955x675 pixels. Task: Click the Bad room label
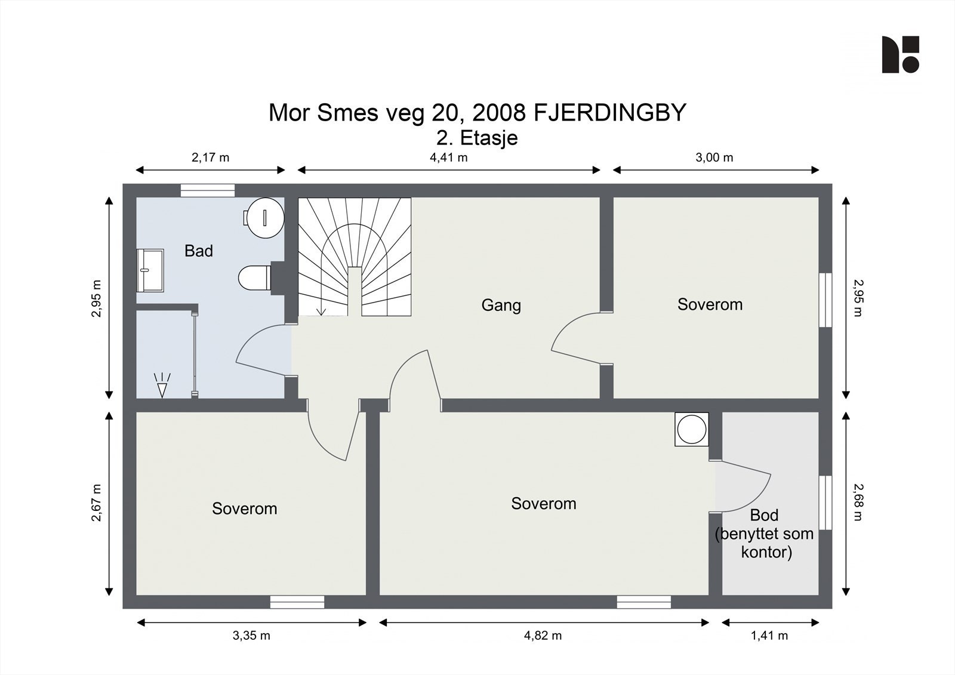pos(199,251)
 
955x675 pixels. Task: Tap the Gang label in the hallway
pos(501,306)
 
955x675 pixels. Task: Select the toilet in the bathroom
pos(255,278)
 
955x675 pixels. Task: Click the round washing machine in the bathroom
pos(264,218)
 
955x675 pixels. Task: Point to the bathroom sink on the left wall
pos(150,270)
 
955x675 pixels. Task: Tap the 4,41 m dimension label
pos(448,158)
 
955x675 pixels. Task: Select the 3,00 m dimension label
pos(714,158)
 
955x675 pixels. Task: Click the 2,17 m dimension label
pos(210,158)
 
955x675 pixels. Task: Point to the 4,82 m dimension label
pos(543,636)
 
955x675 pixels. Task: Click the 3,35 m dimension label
pos(251,636)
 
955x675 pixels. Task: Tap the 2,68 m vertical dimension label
pos(858,503)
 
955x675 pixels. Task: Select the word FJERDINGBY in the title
pos(609,113)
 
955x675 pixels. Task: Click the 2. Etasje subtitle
pos(477,138)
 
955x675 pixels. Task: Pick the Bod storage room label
pos(764,515)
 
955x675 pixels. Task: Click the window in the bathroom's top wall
pos(208,190)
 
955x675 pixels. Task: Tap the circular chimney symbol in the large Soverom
pos(692,429)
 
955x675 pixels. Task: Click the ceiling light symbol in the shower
pos(162,386)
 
